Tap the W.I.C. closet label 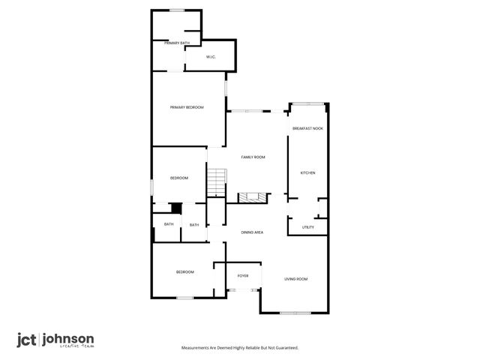211,57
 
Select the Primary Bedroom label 187,108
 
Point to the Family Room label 253,157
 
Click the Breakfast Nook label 307,129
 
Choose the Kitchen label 307,173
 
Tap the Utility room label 307,227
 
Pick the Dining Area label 251,232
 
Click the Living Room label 295,279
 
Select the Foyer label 243,276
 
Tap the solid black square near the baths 176,208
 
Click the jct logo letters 28,339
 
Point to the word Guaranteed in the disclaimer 283,348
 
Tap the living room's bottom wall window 295,312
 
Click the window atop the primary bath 178,10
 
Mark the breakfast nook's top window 307,103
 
